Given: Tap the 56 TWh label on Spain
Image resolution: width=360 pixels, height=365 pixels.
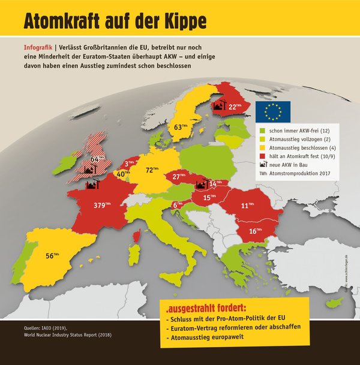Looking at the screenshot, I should (x=53, y=255).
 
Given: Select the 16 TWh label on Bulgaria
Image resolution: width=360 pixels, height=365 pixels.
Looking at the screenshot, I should (x=254, y=231).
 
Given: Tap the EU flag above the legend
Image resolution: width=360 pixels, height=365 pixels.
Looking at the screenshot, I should (x=272, y=111).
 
